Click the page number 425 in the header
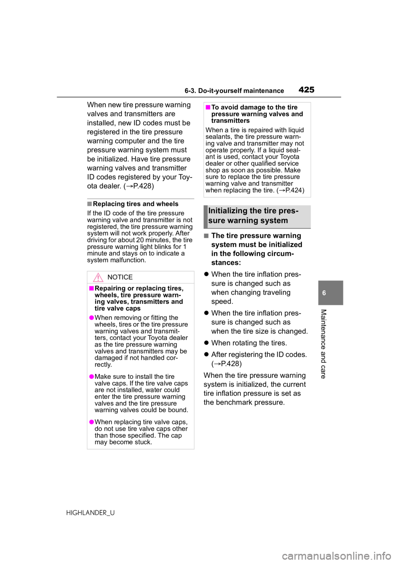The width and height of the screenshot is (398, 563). pyautogui.click(x=307, y=90)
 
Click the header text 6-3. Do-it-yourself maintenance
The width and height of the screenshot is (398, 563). pyautogui.click(x=234, y=91)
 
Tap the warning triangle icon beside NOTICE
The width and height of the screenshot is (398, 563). pyautogui.click(x=98, y=277)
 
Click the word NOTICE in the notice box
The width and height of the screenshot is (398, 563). pyautogui.click(x=120, y=277)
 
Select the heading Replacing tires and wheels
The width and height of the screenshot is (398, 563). pyautogui.click(x=136, y=204)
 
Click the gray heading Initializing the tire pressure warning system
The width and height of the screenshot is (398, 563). pyautogui.click(x=253, y=216)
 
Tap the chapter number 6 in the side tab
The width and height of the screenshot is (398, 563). pyautogui.click(x=324, y=293)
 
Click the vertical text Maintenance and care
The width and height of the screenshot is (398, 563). pyautogui.click(x=324, y=344)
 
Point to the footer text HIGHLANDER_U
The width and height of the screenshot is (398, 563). pyautogui.click(x=90, y=513)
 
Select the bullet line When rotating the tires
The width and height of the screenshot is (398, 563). pyautogui.click(x=249, y=343)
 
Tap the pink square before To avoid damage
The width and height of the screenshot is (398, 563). pyautogui.click(x=208, y=107)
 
